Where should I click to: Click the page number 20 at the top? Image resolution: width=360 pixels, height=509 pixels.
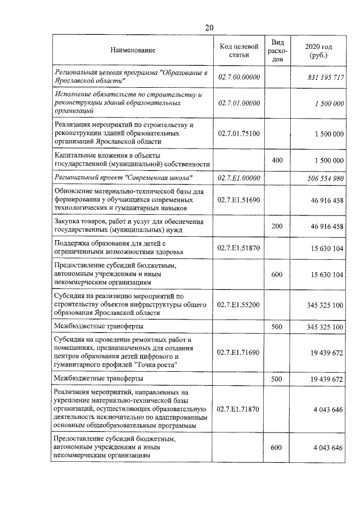click(x=209, y=27)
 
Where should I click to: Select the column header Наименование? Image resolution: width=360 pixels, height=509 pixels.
click(x=133, y=51)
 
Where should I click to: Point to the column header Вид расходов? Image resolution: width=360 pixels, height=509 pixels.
click(x=277, y=51)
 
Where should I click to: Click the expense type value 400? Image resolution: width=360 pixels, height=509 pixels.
click(x=277, y=160)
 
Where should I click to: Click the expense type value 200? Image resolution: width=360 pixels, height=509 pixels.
click(x=277, y=226)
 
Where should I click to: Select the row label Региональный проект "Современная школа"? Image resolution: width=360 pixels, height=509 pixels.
click(x=124, y=178)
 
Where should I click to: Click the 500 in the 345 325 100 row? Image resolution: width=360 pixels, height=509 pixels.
click(x=277, y=326)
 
